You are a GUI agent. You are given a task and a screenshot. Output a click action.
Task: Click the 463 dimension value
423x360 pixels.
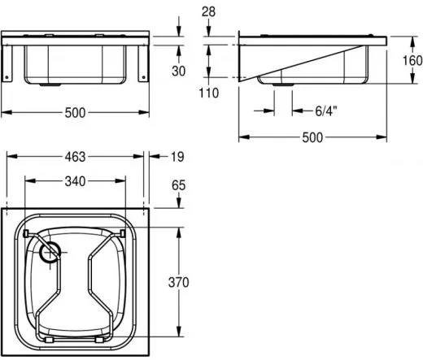[75, 157]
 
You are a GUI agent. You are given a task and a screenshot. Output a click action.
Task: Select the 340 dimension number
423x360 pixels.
[75, 181]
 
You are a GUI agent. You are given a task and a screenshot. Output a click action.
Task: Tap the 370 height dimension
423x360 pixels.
[178, 282]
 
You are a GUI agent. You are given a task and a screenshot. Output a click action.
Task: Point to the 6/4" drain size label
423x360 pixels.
[326, 111]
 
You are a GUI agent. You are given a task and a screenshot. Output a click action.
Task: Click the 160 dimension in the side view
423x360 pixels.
[412, 60]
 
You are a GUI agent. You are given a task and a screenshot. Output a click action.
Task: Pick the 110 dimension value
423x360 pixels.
[208, 93]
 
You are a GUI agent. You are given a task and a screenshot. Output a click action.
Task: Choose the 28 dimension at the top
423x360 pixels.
[208, 11]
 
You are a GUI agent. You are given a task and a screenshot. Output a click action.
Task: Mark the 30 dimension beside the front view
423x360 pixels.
[178, 71]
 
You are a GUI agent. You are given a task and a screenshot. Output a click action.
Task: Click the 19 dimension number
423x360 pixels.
[177, 157]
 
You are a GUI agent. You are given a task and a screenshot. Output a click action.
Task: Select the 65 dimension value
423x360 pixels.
[178, 185]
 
